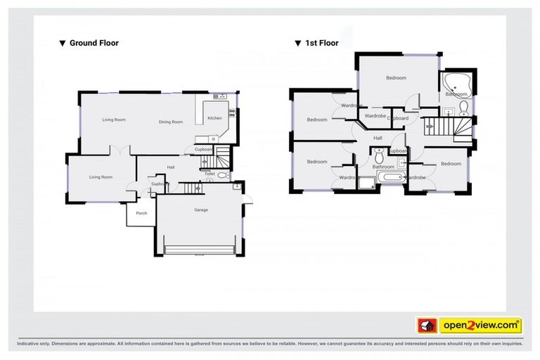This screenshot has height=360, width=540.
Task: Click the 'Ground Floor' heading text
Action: click(94, 43)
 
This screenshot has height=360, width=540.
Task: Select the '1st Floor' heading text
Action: click(321, 43)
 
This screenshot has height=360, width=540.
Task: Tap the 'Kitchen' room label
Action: click(214, 118)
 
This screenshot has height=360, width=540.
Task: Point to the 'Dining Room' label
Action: click(170, 122)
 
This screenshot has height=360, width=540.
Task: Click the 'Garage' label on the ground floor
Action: click(202, 210)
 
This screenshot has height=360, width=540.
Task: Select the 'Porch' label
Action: click(141, 213)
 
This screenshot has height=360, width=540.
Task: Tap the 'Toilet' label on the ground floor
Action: click(210, 174)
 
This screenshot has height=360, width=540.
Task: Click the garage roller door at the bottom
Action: click(199, 250)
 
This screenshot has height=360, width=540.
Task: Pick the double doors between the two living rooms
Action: click(120, 150)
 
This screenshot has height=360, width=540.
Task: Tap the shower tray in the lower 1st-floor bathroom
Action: click(366, 183)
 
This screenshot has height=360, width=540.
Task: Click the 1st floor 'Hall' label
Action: click(378, 138)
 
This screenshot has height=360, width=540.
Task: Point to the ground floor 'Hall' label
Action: click(171, 167)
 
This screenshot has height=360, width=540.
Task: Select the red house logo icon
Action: click(427, 326)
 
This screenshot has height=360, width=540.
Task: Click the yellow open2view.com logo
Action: click(480, 326)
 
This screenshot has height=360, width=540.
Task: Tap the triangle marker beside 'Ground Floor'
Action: click(63, 43)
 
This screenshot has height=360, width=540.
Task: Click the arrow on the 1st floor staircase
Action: click(431, 127)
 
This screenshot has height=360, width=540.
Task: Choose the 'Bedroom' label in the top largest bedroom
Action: click(396, 78)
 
